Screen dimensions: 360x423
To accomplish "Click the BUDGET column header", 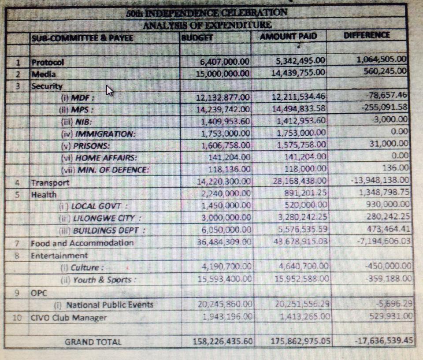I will tap(197, 37).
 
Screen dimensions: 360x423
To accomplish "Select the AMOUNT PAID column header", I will tap(288, 36).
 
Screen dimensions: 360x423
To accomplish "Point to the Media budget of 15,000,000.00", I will tap(223, 73).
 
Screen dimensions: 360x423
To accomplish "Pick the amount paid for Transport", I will tap(299, 181).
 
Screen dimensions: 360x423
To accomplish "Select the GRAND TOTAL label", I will tap(93, 342).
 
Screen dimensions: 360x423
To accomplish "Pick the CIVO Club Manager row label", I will tap(69, 317).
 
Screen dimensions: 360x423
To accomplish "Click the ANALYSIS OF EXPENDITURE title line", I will tap(207, 25).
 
